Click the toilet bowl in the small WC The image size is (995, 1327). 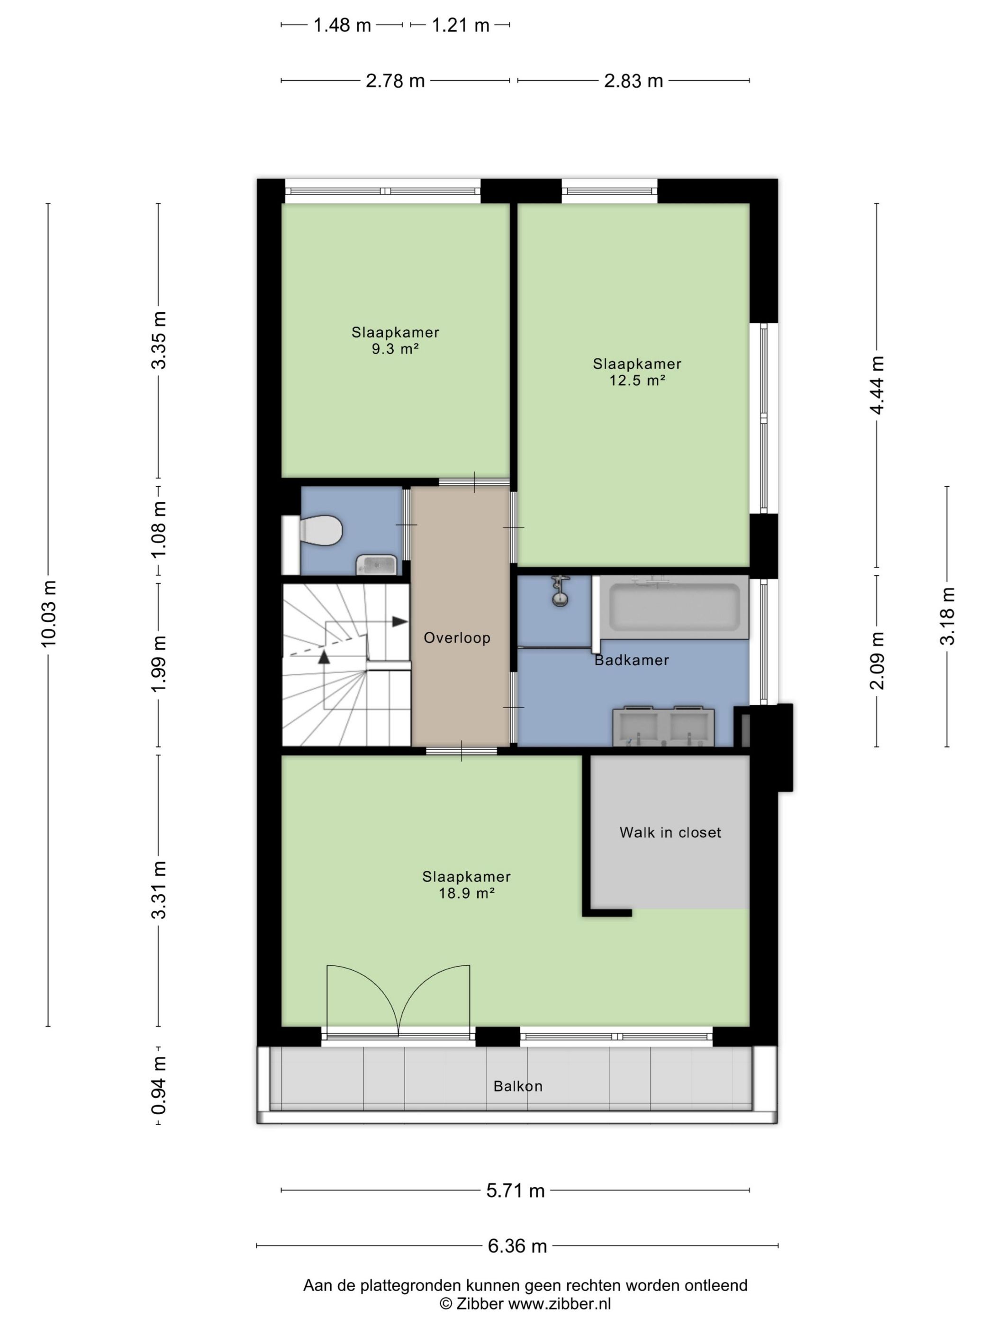[321, 530]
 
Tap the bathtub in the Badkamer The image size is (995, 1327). [675, 607]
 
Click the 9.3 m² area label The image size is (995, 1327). [395, 348]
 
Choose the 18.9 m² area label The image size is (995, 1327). [466, 893]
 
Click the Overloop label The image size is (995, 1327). [457, 638]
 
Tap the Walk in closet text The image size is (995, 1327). [670, 832]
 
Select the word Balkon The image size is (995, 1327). [517, 1086]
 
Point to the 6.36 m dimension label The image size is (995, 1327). [517, 1246]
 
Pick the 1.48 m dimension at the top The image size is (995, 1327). [342, 25]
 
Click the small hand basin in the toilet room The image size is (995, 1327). [377, 564]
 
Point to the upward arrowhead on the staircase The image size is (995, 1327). [324, 657]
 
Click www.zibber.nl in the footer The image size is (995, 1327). [560, 1303]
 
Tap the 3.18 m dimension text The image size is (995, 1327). [947, 616]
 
